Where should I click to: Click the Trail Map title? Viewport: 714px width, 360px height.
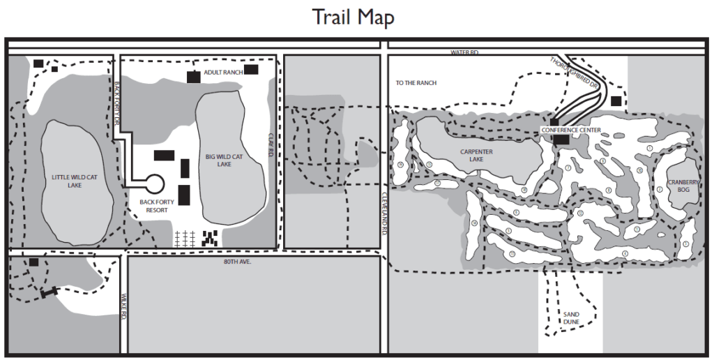pyautogui.click(x=353, y=17)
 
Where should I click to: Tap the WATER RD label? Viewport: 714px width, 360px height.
pyautogui.click(x=464, y=52)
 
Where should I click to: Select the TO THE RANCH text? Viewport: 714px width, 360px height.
pyautogui.click(x=416, y=83)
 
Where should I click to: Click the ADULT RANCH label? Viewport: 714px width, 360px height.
pyautogui.click(x=223, y=72)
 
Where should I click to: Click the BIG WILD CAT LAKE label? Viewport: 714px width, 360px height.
pyautogui.click(x=224, y=160)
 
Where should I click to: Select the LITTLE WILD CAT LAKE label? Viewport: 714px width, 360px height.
pyautogui.click(x=75, y=181)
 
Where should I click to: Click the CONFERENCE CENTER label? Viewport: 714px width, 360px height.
pyautogui.click(x=571, y=130)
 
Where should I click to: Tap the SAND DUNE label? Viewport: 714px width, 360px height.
pyautogui.click(x=571, y=318)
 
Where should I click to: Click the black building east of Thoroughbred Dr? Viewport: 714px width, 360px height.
pyautogui.click(x=616, y=101)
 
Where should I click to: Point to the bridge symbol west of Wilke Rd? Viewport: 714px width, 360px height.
pyautogui.click(x=49, y=292)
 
